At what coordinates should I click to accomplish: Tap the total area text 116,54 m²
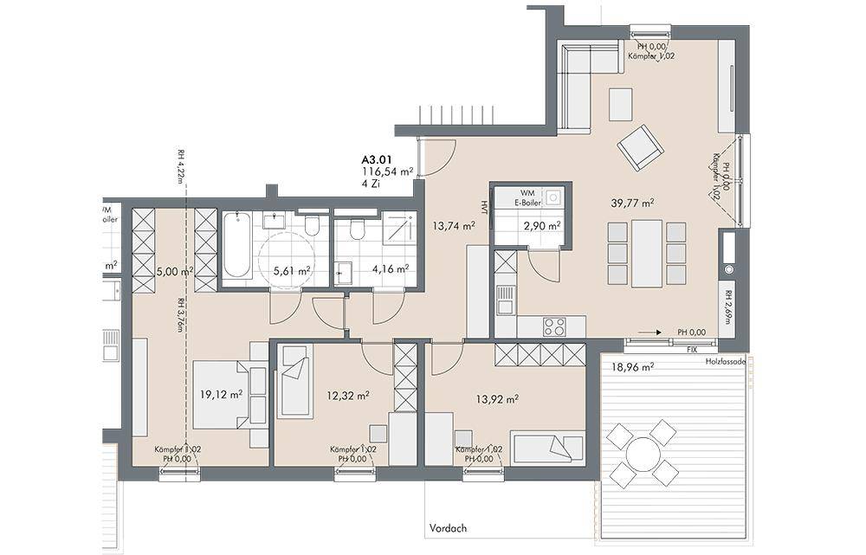coord(387,172)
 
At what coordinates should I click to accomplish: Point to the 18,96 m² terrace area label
coord(631,366)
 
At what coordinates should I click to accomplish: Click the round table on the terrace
coord(643,454)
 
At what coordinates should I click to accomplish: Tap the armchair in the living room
coord(640,148)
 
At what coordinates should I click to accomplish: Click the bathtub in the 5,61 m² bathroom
coord(237,248)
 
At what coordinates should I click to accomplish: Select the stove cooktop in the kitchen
coord(554,327)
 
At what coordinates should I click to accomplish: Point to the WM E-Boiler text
coord(529,198)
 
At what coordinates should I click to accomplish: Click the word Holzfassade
coord(727,361)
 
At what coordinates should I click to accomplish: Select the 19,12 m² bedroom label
coord(221,394)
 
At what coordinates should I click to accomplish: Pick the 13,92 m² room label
coord(498,399)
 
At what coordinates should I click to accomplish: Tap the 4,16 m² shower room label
coord(389,270)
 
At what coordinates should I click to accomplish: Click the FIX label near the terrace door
coord(691,350)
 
